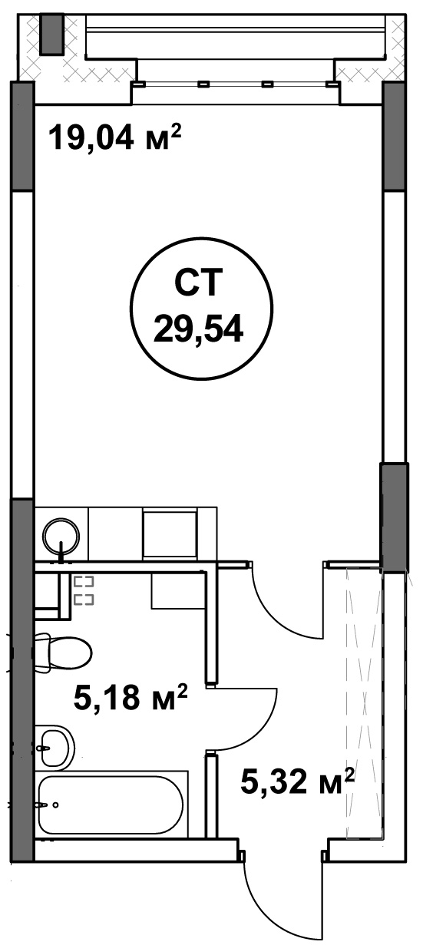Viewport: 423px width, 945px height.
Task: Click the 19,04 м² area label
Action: [114, 137]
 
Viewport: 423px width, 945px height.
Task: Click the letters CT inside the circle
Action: [198, 283]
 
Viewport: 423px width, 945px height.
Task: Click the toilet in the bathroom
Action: [63, 653]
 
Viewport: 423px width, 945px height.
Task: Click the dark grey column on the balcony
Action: [52, 34]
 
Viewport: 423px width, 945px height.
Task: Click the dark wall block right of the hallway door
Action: [394, 517]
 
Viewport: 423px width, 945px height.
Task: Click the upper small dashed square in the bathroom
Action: [84, 582]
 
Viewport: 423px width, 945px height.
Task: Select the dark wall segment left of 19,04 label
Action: [22, 137]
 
